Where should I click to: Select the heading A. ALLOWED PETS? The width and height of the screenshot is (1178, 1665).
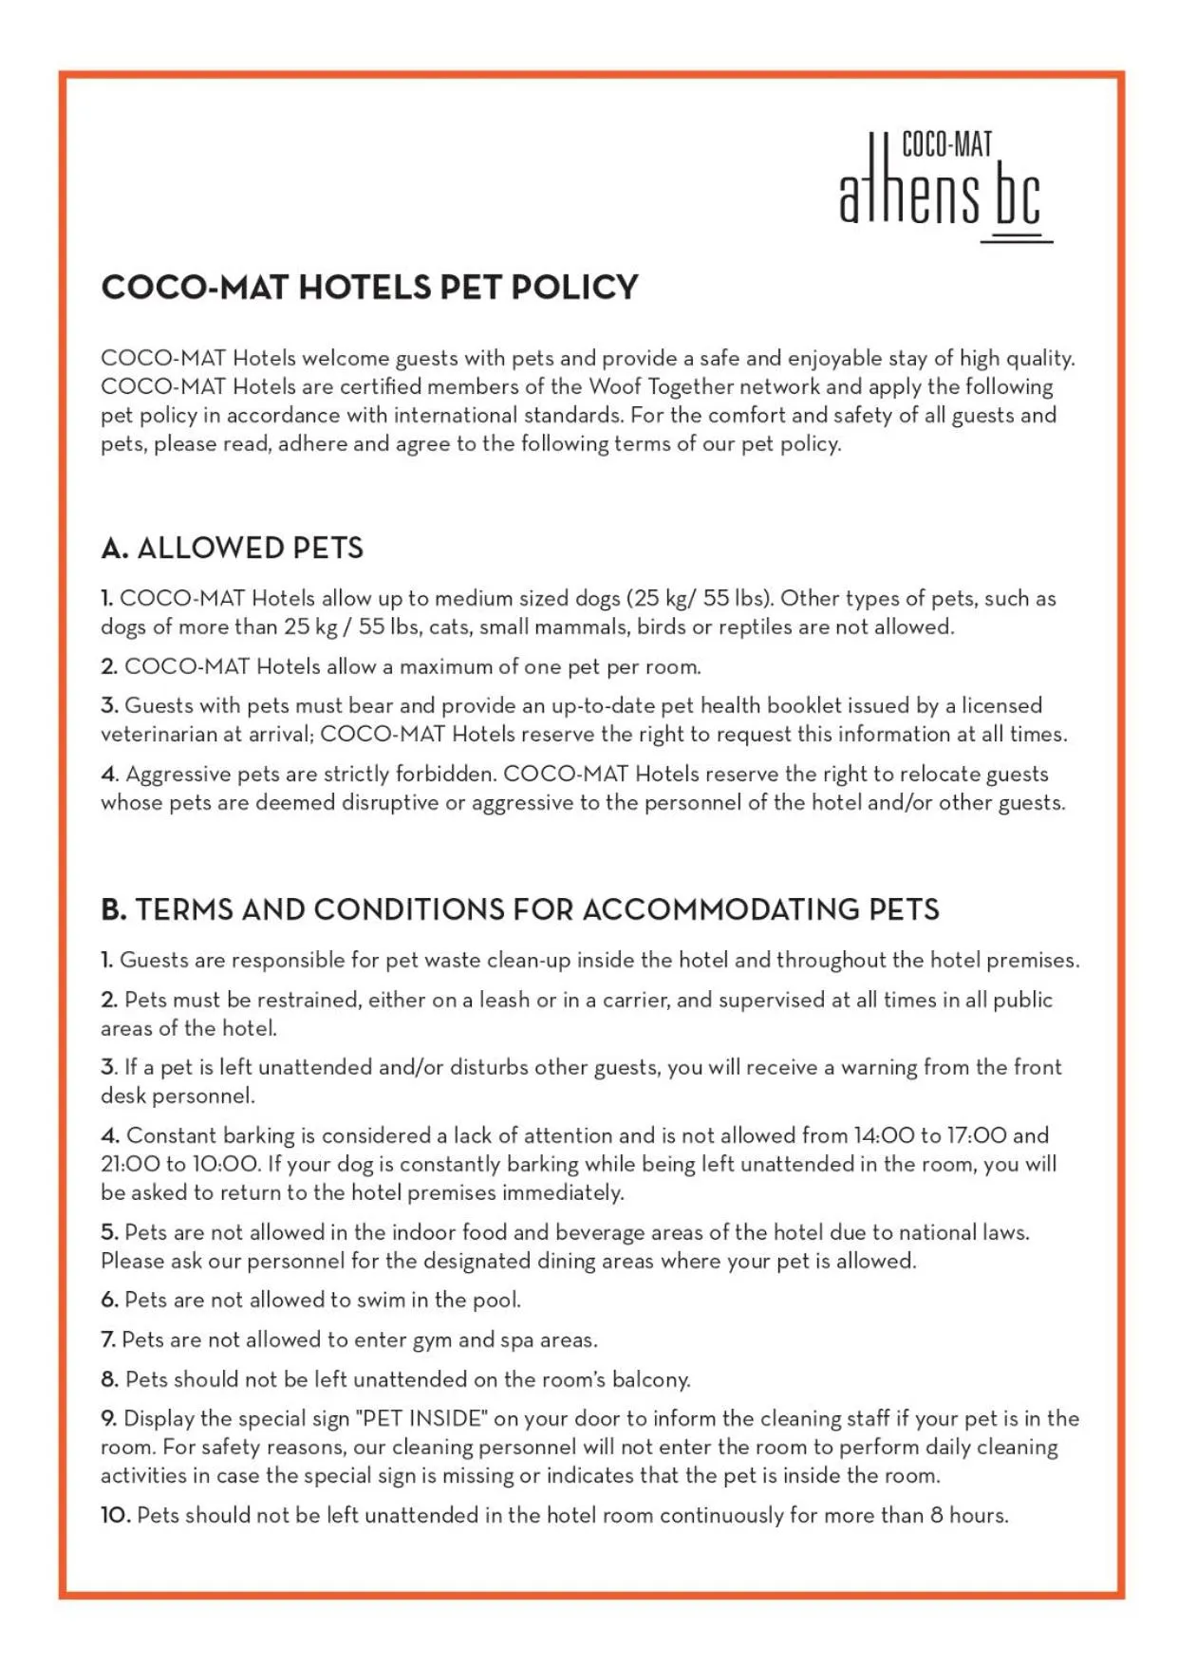point(232,548)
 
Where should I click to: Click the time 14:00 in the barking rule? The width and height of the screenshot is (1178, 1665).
point(884,1135)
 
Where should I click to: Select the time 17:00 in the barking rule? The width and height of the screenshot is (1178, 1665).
point(976,1135)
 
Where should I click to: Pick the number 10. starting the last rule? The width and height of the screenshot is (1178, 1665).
point(115,1515)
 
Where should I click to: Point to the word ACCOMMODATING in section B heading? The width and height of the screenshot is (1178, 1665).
point(721,909)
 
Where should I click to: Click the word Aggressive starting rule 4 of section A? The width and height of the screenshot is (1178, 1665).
point(178,775)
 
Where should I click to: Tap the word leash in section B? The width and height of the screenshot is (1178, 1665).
point(504,1000)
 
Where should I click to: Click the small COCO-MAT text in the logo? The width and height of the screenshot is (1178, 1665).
point(946,144)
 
